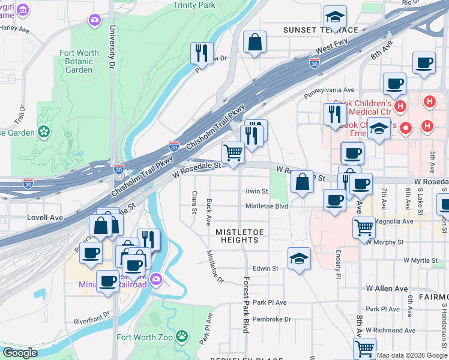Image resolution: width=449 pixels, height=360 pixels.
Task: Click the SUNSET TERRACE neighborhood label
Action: point(321,30)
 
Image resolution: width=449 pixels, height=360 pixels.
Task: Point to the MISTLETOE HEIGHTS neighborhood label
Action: point(237,236)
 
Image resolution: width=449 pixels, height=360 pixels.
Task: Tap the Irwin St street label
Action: point(256,191)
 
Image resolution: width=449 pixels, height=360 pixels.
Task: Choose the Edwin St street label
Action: point(265,269)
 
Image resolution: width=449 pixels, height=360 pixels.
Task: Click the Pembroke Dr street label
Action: point(271,319)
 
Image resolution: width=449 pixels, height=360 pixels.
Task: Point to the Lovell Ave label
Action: point(45,218)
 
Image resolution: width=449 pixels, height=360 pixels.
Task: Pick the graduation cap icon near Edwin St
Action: point(299,258)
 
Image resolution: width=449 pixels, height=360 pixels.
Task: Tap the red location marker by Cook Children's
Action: point(406,128)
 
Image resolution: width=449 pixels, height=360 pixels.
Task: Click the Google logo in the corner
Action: point(19,353)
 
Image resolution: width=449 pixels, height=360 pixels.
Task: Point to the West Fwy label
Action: point(332,47)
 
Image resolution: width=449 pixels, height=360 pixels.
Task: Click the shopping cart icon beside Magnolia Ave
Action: point(364,227)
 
